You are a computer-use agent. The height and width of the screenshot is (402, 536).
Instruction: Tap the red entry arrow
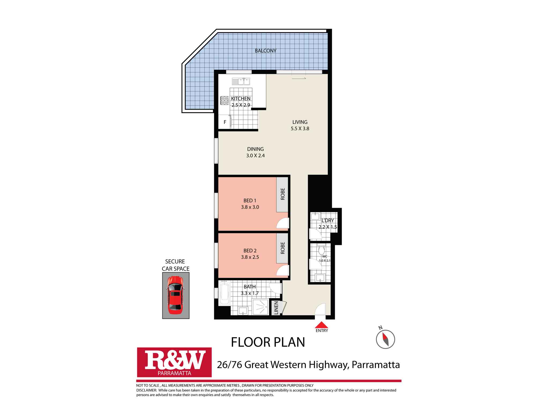click(x=321, y=325)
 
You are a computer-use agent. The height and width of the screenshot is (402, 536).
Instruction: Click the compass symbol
click(x=385, y=339)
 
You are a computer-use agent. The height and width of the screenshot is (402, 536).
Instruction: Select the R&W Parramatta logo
click(x=174, y=362)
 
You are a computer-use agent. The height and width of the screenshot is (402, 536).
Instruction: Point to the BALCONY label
click(x=265, y=51)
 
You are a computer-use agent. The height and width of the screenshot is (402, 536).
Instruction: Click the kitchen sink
click(x=241, y=81)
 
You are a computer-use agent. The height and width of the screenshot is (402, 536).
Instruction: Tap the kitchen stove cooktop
click(x=224, y=100)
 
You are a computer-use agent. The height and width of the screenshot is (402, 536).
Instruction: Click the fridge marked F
click(x=225, y=122)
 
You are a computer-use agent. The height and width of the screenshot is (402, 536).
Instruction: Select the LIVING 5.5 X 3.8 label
click(x=300, y=125)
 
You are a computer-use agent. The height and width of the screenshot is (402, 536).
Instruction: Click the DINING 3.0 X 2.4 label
click(x=255, y=152)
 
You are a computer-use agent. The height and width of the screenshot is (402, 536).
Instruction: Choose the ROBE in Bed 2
click(x=282, y=248)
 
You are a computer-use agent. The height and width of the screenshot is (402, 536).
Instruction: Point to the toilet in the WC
click(x=321, y=250)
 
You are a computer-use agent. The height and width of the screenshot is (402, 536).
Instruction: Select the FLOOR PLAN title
click(x=268, y=342)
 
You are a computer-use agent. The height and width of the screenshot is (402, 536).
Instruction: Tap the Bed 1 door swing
click(x=282, y=224)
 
